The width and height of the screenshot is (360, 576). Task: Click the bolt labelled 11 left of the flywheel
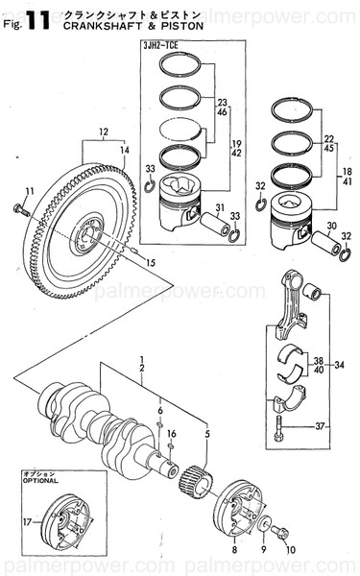click(x=20, y=206)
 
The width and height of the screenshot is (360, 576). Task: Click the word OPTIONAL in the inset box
click(x=40, y=481)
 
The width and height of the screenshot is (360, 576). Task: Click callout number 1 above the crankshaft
click(x=140, y=358)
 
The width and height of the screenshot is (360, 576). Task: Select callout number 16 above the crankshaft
click(x=170, y=434)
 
